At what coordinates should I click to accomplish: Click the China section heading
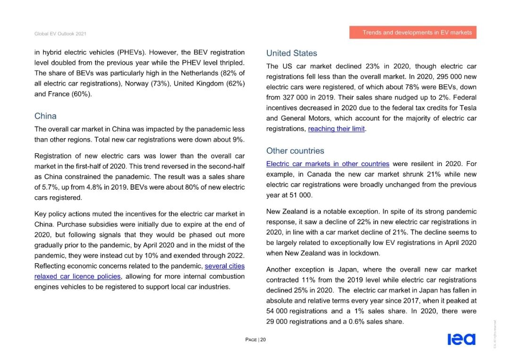tap(45, 116)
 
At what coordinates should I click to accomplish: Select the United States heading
tap(291, 53)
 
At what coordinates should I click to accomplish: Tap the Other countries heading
tap(295, 151)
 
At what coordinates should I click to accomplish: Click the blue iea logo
tap(461, 339)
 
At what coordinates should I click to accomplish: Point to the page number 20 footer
tap(255, 340)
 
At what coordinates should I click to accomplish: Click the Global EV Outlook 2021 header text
tap(60, 34)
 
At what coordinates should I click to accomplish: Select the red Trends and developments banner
tap(413, 33)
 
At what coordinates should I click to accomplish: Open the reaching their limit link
tap(336, 129)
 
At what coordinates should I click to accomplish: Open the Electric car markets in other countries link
tap(328, 164)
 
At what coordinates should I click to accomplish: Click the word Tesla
tap(467, 108)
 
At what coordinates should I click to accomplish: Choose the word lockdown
tap(364, 253)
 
